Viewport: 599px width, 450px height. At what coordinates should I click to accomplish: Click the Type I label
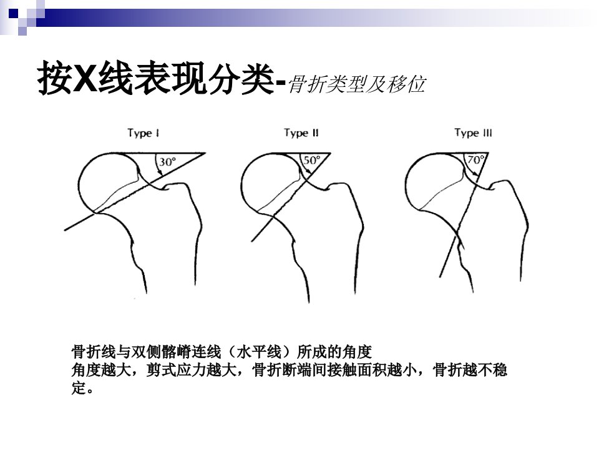pos(144,134)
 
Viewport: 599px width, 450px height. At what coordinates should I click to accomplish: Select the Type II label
pos(301,133)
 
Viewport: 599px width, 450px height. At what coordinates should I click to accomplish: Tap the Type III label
pos(474,133)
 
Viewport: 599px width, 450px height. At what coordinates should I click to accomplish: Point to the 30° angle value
pos(167,162)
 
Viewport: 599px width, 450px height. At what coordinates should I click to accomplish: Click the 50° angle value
pos(312,160)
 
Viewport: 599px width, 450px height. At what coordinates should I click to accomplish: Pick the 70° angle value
pos(475,159)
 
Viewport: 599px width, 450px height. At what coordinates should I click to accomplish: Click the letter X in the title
pos(85,77)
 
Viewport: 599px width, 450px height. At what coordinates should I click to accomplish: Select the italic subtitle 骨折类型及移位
pos(357,84)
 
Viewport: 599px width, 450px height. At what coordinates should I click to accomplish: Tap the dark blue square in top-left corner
pos(13,14)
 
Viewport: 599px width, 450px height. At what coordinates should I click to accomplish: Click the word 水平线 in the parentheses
pos(259,351)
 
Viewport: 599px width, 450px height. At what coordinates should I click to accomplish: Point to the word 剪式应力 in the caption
pos(176,370)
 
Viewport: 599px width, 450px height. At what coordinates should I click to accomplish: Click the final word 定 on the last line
pos(79,388)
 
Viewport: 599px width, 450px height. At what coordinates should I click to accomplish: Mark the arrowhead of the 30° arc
pos(161,173)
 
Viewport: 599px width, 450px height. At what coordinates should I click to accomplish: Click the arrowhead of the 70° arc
pos(475,174)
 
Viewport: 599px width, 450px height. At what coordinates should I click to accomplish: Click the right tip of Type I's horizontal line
pos(205,154)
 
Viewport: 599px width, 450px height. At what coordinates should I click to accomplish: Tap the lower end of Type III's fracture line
pos(440,277)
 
